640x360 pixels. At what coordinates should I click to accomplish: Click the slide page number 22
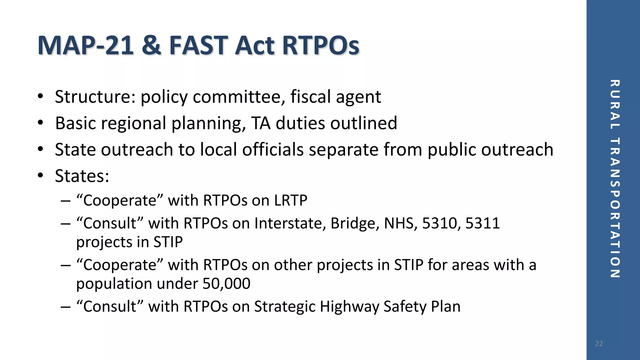click(x=599, y=344)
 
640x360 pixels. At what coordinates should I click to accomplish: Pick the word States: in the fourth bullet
click(x=82, y=176)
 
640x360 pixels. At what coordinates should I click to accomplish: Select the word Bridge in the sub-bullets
click(x=355, y=223)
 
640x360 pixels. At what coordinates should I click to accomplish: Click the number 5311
click(x=482, y=223)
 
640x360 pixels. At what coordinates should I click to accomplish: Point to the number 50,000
click(x=226, y=284)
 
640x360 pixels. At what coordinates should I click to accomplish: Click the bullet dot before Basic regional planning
click(x=40, y=123)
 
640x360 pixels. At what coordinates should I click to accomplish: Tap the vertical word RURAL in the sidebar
click(x=614, y=104)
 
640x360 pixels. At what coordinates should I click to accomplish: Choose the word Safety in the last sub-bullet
click(x=405, y=307)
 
